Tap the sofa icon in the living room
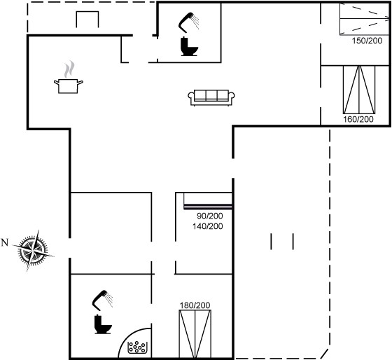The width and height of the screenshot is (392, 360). [211, 97]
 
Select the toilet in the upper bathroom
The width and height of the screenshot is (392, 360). [189, 46]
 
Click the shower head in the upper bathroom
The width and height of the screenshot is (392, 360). [188, 22]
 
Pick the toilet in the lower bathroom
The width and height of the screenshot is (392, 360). [102, 324]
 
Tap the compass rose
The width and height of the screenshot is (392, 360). [34, 251]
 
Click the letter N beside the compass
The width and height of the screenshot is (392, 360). [5, 242]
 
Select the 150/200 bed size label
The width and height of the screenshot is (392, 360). [367, 41]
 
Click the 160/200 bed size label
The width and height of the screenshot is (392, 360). [358, 119]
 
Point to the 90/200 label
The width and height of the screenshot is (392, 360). [209, 216]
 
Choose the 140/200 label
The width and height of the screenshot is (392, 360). [207, 226]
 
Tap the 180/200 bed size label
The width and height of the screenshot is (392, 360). [195, 305]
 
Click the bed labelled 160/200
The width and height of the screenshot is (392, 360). [359, 90]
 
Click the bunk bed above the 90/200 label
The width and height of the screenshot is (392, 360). [208, 200]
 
